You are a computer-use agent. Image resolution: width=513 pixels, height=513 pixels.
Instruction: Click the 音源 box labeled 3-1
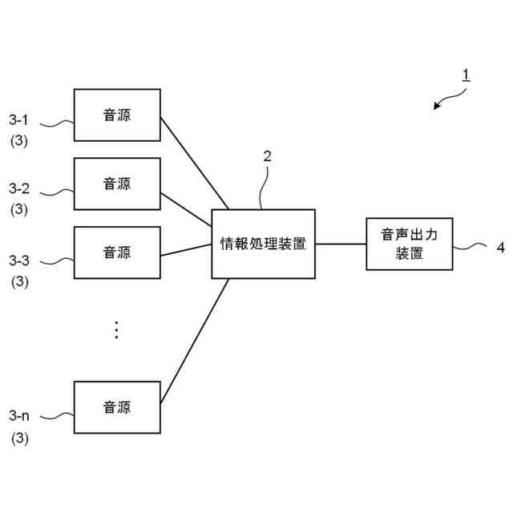point(117,115)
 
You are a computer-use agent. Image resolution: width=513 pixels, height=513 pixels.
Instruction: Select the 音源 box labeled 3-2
point(117,184)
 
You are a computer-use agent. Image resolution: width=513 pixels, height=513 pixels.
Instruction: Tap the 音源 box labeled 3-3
point(117,252)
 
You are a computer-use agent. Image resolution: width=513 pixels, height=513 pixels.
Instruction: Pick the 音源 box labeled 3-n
point(117,407)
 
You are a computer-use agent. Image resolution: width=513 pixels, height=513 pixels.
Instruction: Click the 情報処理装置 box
point(263,244)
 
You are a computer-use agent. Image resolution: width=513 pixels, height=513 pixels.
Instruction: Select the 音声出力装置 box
point(409,244)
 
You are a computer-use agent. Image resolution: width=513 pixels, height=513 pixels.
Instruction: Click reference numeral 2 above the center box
point(267,156)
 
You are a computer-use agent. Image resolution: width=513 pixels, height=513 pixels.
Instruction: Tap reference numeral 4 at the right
point(501,248)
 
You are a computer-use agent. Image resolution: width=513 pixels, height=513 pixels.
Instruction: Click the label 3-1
point(19,120)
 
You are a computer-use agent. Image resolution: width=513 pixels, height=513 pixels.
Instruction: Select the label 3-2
point(19,189)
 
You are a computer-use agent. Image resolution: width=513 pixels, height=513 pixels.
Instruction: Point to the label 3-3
point(19,260)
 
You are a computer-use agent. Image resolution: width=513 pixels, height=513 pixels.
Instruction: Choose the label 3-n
point(19,414)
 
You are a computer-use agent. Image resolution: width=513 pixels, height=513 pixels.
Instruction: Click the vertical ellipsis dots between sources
point(116,329)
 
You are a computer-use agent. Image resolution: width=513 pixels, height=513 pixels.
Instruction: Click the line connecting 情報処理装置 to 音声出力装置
point(340,244)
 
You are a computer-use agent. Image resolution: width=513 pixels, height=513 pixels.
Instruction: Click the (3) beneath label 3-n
point(19,438)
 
